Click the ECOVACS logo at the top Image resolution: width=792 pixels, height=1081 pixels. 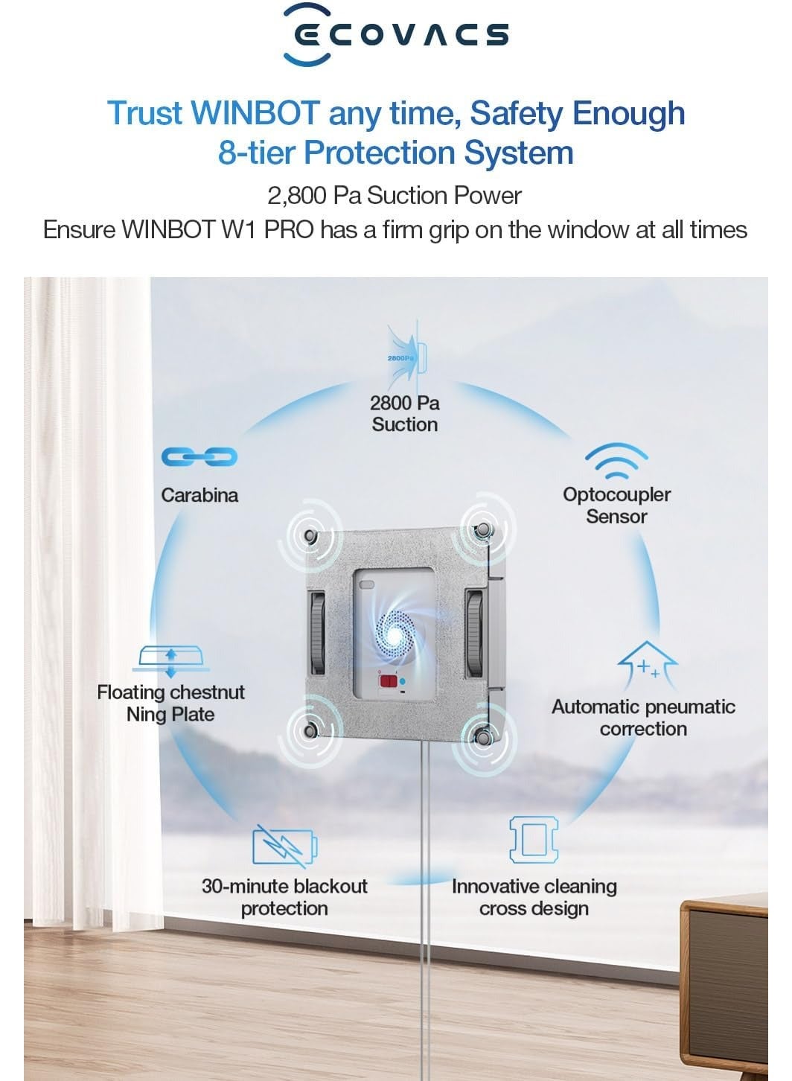396,34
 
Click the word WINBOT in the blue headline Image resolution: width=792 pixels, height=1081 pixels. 255,113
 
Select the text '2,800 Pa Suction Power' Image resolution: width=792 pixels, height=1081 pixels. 395,196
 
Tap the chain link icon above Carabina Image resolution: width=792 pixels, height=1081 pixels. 199,456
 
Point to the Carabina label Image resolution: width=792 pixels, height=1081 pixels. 199,495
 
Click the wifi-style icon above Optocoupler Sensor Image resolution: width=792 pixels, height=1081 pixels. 616,461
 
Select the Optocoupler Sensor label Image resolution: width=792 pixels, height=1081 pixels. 617,506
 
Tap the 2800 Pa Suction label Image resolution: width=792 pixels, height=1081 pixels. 404,414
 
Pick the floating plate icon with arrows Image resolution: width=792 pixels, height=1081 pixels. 171,661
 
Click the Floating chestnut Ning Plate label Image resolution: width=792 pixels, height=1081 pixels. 171,703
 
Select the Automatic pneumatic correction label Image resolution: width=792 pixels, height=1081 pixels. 643,718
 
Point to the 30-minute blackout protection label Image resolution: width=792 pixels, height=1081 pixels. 285,897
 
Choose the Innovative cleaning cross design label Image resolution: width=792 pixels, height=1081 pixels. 534,897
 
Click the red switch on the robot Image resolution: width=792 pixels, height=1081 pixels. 389,681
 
